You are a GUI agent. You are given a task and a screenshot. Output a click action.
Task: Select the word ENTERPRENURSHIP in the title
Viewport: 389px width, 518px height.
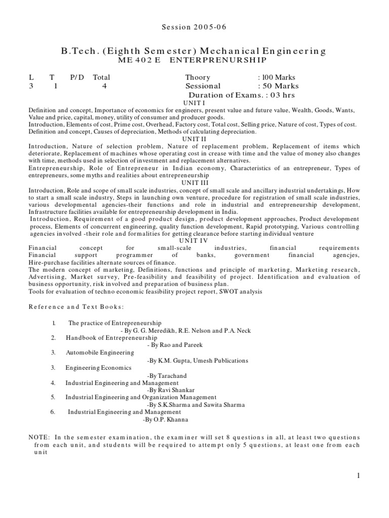(217, 60)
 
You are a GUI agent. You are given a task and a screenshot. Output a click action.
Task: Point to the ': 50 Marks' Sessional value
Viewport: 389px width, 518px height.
(278, 86)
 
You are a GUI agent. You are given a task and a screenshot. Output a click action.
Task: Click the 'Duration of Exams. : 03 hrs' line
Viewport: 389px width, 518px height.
(241, 95)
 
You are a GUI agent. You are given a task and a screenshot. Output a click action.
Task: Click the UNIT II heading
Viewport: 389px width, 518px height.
(194, 139)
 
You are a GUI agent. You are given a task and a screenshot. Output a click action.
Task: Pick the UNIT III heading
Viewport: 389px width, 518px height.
(194, 182)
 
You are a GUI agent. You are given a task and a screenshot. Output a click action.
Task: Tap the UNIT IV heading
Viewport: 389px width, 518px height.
(194, 240)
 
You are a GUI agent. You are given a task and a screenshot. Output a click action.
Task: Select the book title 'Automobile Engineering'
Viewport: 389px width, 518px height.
(100, 352)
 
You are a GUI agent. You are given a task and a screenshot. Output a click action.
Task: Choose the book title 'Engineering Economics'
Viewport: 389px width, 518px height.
(98, 368)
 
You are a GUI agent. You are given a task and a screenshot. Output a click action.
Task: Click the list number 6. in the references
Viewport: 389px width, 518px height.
(52, 412)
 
